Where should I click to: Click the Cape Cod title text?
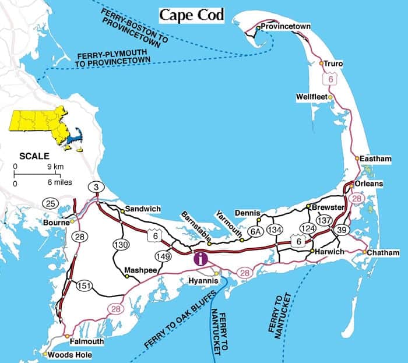click(191, 15)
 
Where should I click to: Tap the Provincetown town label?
click(285, 27)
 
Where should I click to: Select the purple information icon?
click(200, 256)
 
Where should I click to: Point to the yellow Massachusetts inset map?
click(44, 127)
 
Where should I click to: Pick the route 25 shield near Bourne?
click(50, 203)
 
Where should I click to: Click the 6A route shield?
click(255, 231)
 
